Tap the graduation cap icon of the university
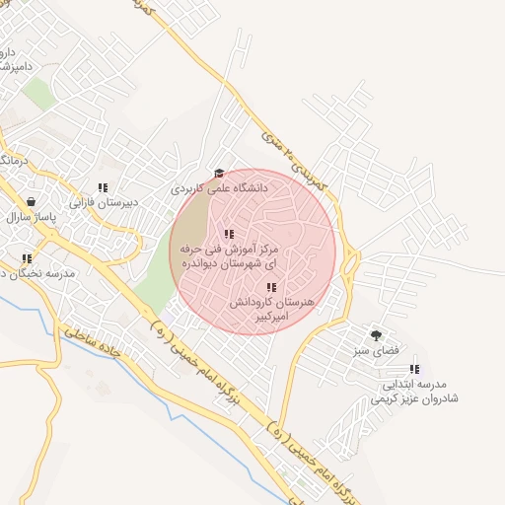pyautogui.click(x=219, y=174)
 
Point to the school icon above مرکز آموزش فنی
pyautogui.click(x=229, y=234)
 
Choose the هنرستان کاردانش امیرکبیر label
pyautogui.click(x=271, y=310)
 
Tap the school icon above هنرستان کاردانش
pyautogui.click(x=271, y=287)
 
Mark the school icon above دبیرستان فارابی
pyautogui.click(x=103, y=187)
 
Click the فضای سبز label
pyautogui.click(x=375, y=351)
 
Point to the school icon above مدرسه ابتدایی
pyautogui.click(x=413, y=368)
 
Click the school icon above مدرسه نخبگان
pyautogui.click(x=27, y=259)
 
